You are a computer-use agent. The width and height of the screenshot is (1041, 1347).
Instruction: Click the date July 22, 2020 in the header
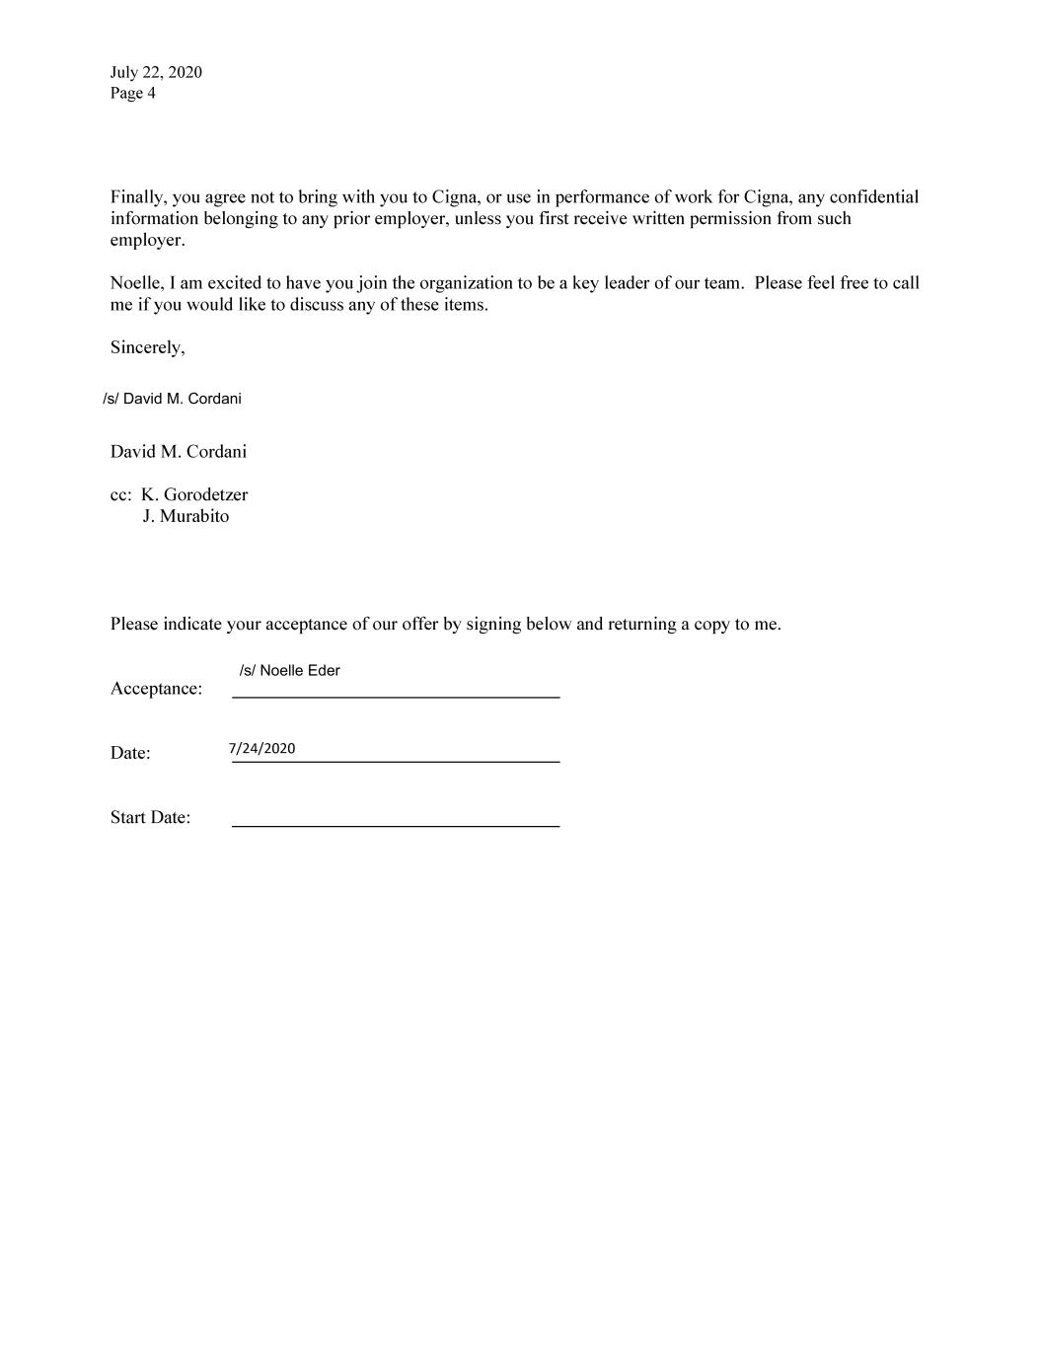tap(156, 72)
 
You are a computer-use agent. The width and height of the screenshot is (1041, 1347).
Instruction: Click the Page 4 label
tap(132, 94)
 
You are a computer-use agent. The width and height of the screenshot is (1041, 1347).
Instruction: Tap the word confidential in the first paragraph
tap(873, 197)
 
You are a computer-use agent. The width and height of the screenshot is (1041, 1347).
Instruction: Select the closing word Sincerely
tap(147, 347)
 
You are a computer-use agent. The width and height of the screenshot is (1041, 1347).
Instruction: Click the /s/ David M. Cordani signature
tap(172, 399)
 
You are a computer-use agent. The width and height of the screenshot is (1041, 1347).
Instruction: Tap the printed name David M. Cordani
tap(179, 452)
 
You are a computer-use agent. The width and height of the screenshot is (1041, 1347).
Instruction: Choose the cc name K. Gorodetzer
tap(194, 494)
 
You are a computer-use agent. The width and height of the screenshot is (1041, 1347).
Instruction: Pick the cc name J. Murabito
tap(186, 516)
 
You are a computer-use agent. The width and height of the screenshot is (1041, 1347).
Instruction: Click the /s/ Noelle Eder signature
tap(289, 671)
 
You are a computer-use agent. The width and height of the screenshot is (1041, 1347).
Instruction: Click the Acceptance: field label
tap(156, 689)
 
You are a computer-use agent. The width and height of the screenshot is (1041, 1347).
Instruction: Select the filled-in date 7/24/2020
tap(262, 748)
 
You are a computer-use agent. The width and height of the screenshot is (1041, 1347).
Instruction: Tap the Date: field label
tap(130, 753)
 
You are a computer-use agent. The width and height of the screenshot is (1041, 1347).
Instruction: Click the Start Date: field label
tap(150, 818)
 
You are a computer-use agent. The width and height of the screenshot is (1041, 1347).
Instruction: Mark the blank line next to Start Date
tap(396, 824)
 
